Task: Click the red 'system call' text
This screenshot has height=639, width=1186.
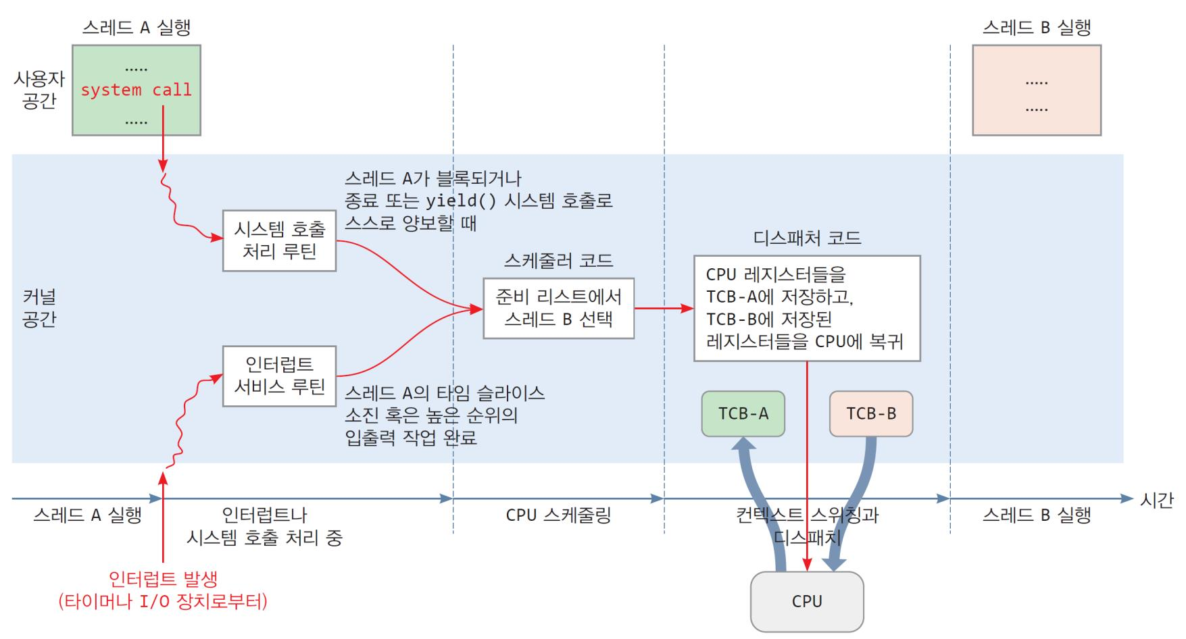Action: click(136, 90)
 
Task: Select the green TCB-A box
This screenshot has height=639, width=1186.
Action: click(743, 413)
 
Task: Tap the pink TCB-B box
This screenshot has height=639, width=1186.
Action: click(870, 413)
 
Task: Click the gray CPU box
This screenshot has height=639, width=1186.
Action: click(807, 601)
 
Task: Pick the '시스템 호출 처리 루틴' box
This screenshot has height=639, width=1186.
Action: click(279, 240)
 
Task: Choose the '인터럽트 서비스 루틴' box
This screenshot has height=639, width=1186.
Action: click(279, 376)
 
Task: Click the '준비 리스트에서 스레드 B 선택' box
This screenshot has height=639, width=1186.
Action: click(558, 308)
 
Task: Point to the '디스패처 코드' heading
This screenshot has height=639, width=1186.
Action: click(807, 238)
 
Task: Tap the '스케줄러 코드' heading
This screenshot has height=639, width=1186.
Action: click(558, 261)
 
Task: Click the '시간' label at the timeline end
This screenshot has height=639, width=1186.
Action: click(1156, 500)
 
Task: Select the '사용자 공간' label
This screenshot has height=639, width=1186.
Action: click(39, 90)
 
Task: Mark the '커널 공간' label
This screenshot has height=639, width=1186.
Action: click(39, 308)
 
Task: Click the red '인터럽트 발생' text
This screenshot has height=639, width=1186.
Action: click(163, 579)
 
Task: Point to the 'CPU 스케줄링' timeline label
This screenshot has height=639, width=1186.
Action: click(558, 515)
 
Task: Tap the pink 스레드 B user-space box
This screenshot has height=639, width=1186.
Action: click(1036, 90)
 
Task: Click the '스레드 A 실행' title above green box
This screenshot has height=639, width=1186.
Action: click(136, 28)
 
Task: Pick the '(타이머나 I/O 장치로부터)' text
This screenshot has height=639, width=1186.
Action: click(163, 601)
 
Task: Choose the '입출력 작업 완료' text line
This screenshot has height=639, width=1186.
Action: click(411, 438)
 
